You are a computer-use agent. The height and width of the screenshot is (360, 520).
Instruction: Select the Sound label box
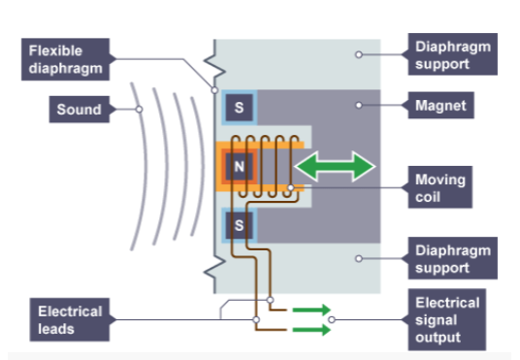[x=79, y=109]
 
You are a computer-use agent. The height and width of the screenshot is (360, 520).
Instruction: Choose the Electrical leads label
[x=70, y=320]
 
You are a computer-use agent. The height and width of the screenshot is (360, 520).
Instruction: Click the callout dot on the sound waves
[x=139, y=109]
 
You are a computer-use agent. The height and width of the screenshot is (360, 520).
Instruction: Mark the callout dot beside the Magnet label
[x=358, y=104]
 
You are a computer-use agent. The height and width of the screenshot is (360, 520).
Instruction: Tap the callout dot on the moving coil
[x=290, y=187]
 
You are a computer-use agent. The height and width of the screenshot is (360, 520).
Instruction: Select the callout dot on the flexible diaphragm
[x=213, y=90]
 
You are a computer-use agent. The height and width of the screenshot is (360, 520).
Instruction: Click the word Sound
[x=79, y=109]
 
